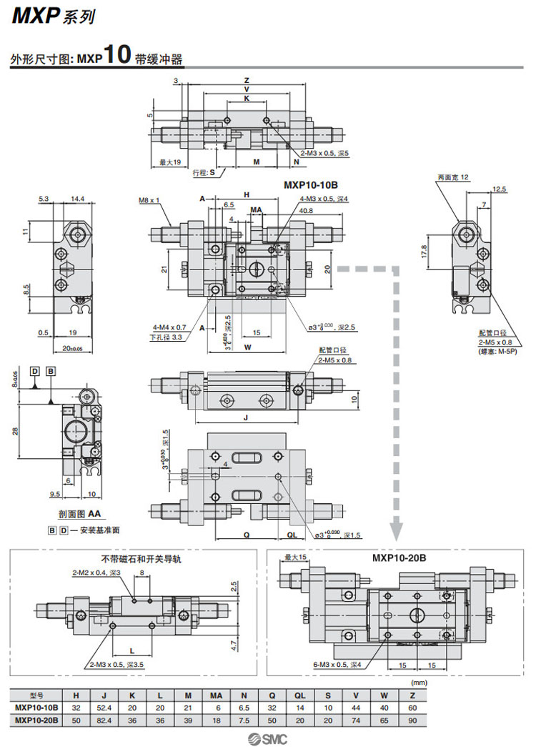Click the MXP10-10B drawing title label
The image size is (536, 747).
311,184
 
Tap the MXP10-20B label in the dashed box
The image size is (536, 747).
398,558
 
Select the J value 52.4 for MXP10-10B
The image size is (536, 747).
104,706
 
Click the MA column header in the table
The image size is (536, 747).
215,694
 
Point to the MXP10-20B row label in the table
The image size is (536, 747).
36,719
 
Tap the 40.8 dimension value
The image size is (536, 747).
306,211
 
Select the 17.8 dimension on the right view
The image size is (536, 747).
424,251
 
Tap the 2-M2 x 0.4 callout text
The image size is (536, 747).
97,573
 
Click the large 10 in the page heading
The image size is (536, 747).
118,56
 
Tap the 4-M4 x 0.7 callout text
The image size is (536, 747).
168,327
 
